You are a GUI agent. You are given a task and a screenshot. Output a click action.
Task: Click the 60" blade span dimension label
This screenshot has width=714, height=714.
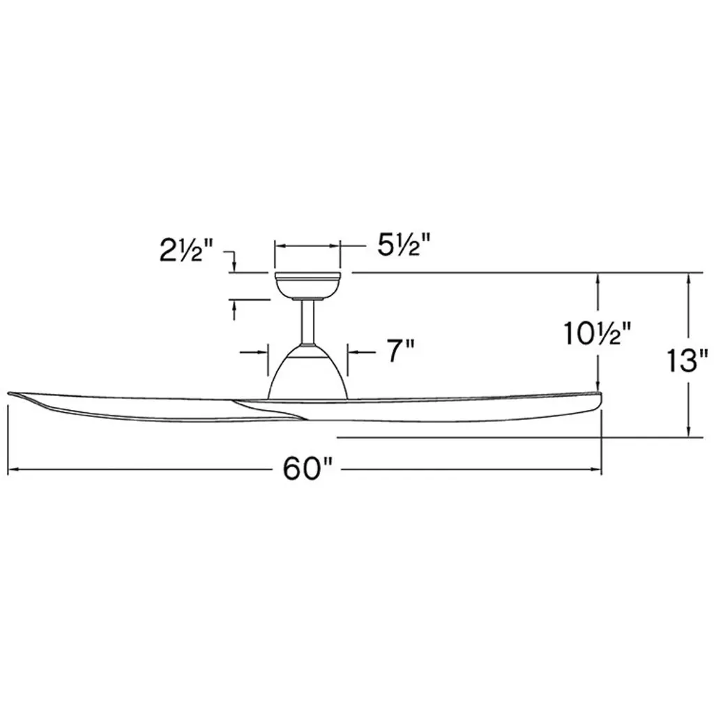click(307, 469)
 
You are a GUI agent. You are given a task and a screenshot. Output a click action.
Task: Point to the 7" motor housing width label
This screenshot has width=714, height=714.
click(401, 351)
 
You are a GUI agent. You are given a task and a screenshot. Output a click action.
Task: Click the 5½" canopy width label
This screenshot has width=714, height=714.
click(404, 245)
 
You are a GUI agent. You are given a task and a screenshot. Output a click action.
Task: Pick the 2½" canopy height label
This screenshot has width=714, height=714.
click(185, 250)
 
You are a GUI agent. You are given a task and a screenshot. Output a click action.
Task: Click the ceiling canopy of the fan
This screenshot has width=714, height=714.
click(307, 286)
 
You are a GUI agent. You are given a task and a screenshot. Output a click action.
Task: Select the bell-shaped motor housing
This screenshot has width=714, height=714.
click(307, 372)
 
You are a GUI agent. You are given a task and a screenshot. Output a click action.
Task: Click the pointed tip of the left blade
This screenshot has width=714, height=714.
click(9, 393)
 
